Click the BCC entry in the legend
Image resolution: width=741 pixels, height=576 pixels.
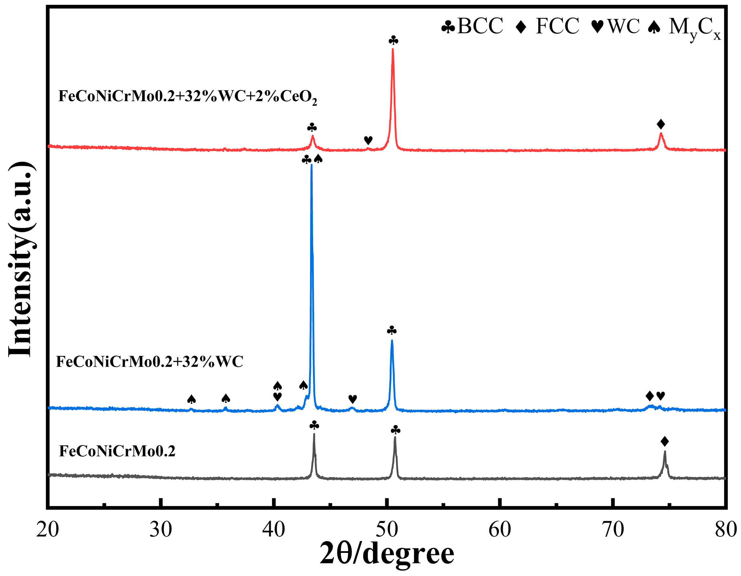click(472, 26)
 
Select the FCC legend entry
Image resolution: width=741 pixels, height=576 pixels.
click(547, 26)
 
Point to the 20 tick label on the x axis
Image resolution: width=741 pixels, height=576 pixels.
click(48, 529)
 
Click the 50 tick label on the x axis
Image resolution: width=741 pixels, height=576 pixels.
click(387, 529)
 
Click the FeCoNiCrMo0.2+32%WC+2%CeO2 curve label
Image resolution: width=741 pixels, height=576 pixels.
click(188, 97)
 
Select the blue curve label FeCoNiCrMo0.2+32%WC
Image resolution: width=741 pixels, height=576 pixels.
click(150, 362)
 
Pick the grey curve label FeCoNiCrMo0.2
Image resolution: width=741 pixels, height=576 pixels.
click(117, 451)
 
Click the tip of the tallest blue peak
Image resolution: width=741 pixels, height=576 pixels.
click(311, 165)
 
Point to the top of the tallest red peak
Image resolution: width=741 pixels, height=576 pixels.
click(393, 49)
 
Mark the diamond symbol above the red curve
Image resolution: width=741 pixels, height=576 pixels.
click(660, 125)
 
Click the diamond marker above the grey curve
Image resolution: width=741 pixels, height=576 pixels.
click(665, 442)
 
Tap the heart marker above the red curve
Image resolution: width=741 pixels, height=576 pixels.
click(368, 140)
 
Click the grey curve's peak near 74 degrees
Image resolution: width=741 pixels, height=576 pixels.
click(665, 452)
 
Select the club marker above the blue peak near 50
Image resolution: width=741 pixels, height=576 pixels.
click(392, 330)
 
